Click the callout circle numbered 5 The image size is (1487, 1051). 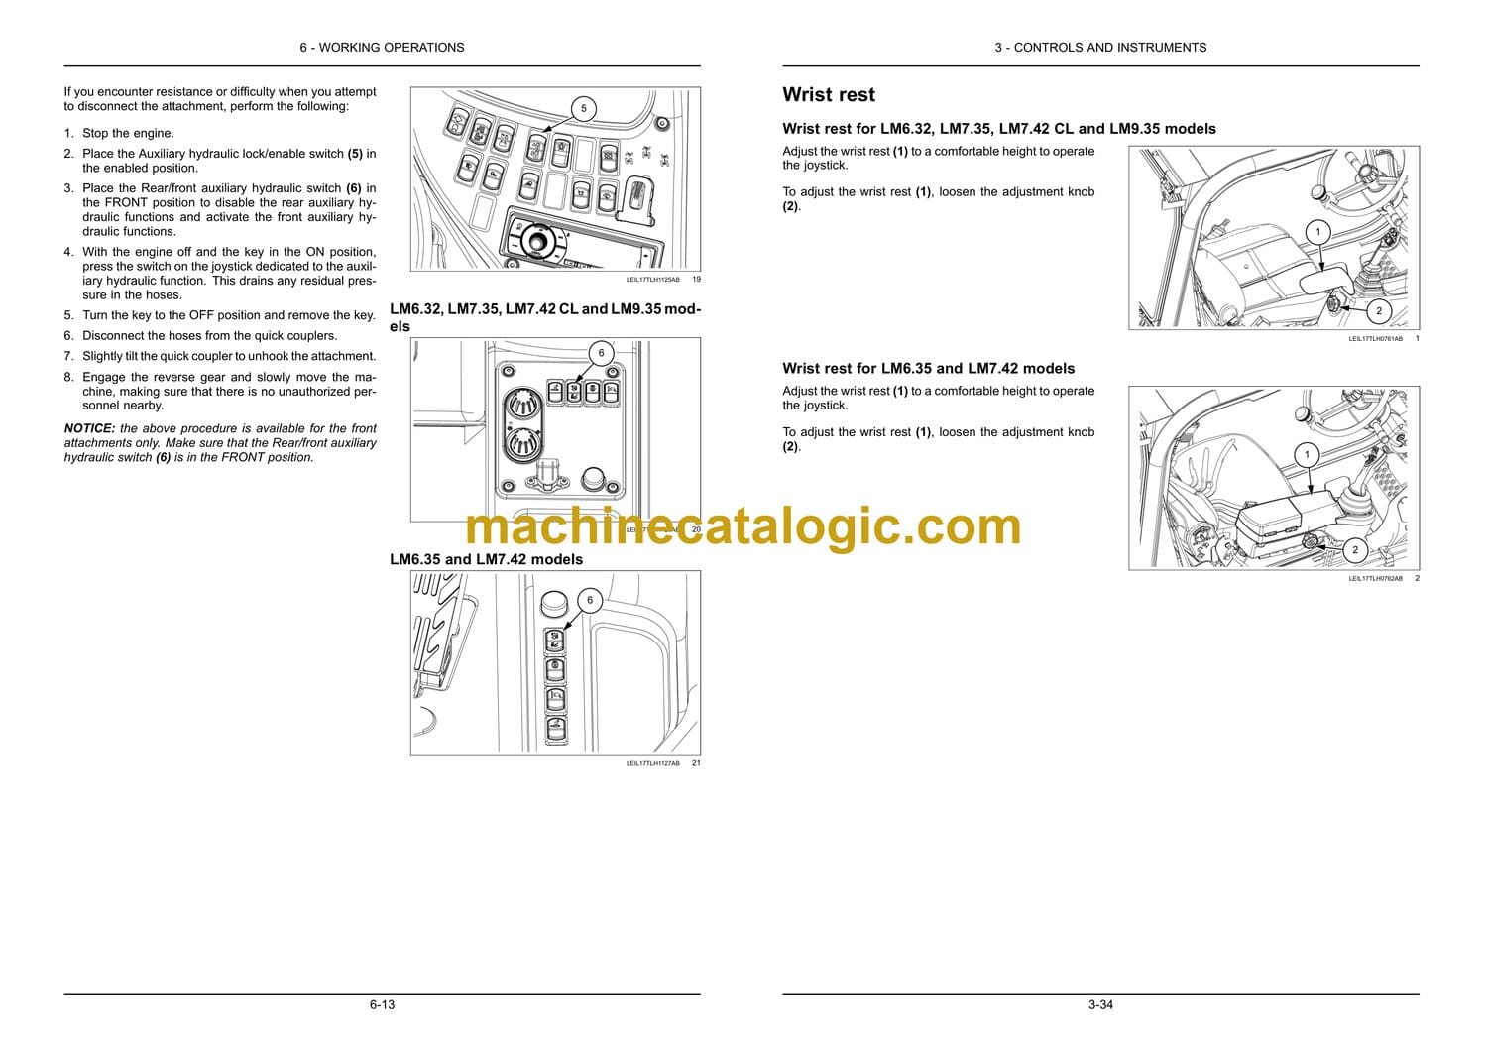(584, 108)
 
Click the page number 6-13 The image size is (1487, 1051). (383, 1004)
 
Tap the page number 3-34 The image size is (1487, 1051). (1100, 1004)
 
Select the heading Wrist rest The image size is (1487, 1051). (829, 95)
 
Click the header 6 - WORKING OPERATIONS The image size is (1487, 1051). (383, 48)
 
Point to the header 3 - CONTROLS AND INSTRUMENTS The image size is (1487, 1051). (1100, 48)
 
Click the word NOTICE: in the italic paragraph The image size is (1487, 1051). (89, 429)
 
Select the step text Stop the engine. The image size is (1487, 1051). (128, 133)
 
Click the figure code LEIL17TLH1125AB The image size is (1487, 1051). (652, 280)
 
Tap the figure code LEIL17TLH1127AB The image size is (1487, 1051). (652, 763)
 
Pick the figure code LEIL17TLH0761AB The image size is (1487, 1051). (1376, 339)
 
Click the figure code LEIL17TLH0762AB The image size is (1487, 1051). (1376, 578)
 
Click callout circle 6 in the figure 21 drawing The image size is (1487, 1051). (590, 600)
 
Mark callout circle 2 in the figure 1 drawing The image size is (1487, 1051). (1379, 310)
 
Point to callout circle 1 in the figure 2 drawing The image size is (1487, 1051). (1308, 455)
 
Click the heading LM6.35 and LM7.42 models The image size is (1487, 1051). (486, 559)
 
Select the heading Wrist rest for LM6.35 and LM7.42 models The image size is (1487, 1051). (928, 369)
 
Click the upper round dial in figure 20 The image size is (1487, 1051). (521, 404)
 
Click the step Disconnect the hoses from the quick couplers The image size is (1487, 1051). (210, 336)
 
